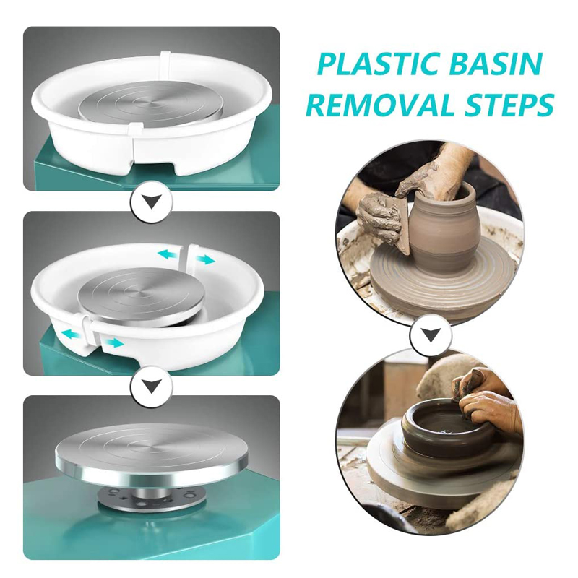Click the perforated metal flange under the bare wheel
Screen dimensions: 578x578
[x=153, y=496]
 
